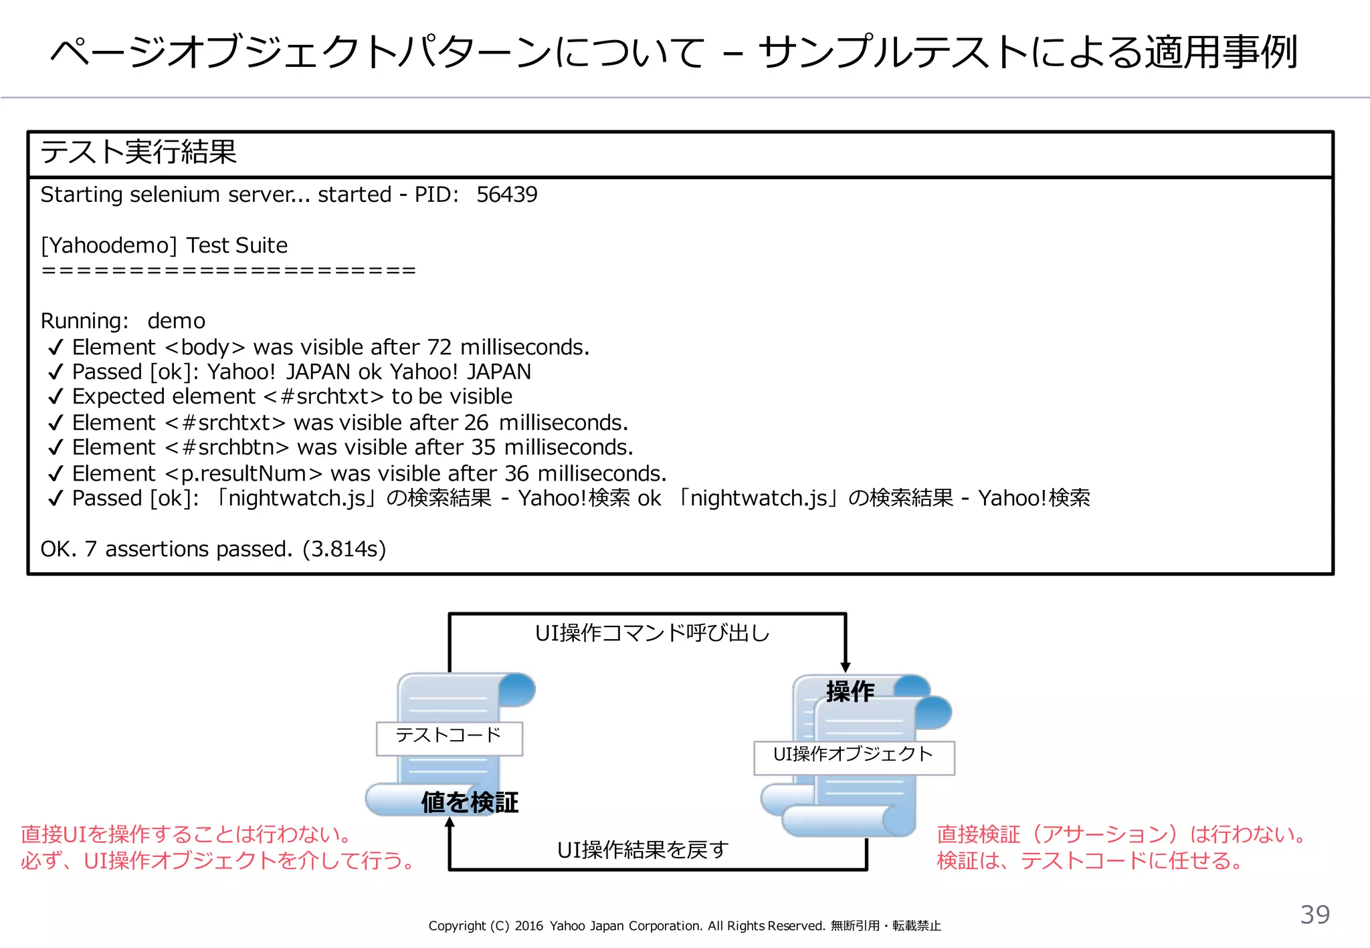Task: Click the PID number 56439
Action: tap(506, 195)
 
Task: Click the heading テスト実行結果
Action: tap(138, 152)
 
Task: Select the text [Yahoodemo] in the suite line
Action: tap(109, 246)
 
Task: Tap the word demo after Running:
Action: tap(176, 322)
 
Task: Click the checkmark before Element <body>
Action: tap(56, 348)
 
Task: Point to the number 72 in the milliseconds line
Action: tap(439, 348)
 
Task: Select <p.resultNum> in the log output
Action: tap(244, 474)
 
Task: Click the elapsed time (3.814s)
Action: tap(344, 550)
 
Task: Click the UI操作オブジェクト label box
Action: tap(854, 757)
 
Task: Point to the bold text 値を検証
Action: tap(470, 802)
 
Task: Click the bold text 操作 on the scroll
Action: tap(850, 691)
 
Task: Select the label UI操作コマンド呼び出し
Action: tap(652, 633)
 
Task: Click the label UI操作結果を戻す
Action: tap(643, 850)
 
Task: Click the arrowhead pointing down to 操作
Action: tap(846, 667)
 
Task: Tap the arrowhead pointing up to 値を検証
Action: tap(450, 823)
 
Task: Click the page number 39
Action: tap(1314, 915)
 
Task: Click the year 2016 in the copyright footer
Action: tap(528, 926)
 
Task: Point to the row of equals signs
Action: tap(228, 271)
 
